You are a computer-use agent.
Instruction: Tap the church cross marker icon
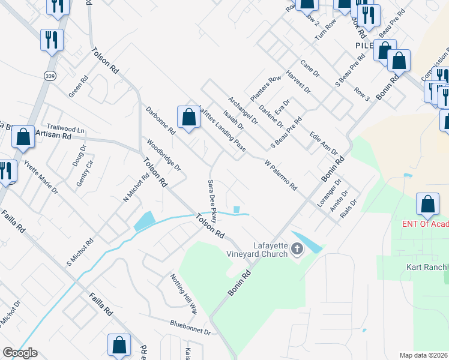[297, 248]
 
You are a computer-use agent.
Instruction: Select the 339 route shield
[49, 76]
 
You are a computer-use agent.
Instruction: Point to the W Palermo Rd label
[281, 174]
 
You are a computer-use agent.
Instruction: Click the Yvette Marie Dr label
[41, 177]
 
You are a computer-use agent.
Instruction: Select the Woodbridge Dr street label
[164, 155]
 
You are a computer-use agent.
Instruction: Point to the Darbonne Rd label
[160, 120]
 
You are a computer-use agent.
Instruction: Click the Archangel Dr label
[243, 110]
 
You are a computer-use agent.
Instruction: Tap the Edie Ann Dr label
[324, 143]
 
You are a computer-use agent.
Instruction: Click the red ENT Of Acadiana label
[426, 224]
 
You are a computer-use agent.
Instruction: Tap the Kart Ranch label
[429, 267]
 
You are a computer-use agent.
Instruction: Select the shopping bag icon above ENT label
[427, 204]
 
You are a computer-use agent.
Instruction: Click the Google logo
[20, 353]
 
